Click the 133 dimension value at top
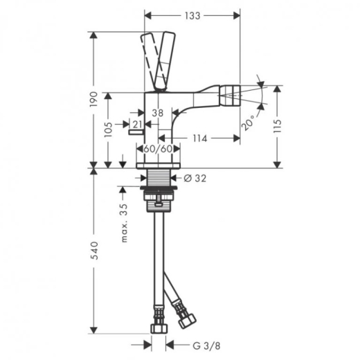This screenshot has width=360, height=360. (192, 16)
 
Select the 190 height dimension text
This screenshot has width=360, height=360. (93, 99)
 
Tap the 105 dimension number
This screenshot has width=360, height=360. (108, 129)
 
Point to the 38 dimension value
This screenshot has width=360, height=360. (158, 113)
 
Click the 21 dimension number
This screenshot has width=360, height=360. (138, 125)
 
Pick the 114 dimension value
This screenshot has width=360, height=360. (200, 138)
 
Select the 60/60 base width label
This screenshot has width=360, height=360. (158, 149)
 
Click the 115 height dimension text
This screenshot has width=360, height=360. (278, 126)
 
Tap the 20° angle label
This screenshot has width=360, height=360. (248, 123)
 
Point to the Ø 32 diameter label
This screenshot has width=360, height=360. (195, 178)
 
